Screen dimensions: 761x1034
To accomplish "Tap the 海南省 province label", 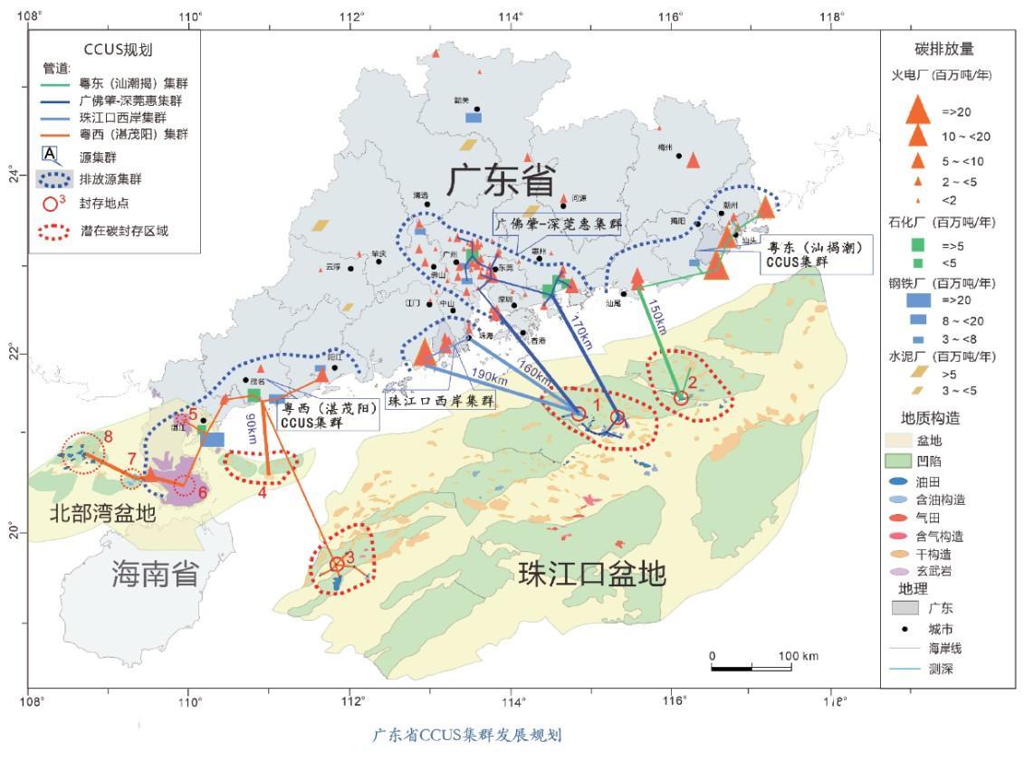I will (x=156, y=572).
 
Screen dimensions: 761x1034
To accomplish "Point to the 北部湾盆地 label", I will (x=102, y=513).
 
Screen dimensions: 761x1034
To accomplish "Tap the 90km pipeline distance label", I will (x=251, y=427).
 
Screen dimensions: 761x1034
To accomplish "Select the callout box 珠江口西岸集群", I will (x=441, y=401).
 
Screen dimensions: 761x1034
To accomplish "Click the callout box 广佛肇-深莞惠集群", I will (x=557, y=224).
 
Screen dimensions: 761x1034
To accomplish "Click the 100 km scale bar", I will (x=752, y=667).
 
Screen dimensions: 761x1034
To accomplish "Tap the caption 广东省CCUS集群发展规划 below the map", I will (x=467, y=734).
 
